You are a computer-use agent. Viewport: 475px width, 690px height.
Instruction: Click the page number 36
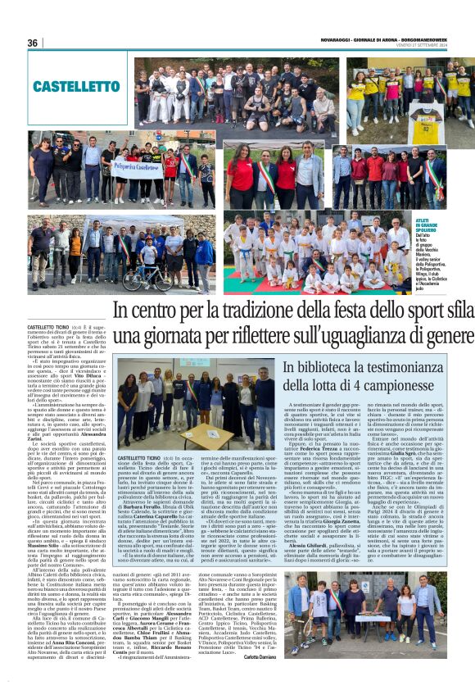point(33,43)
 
